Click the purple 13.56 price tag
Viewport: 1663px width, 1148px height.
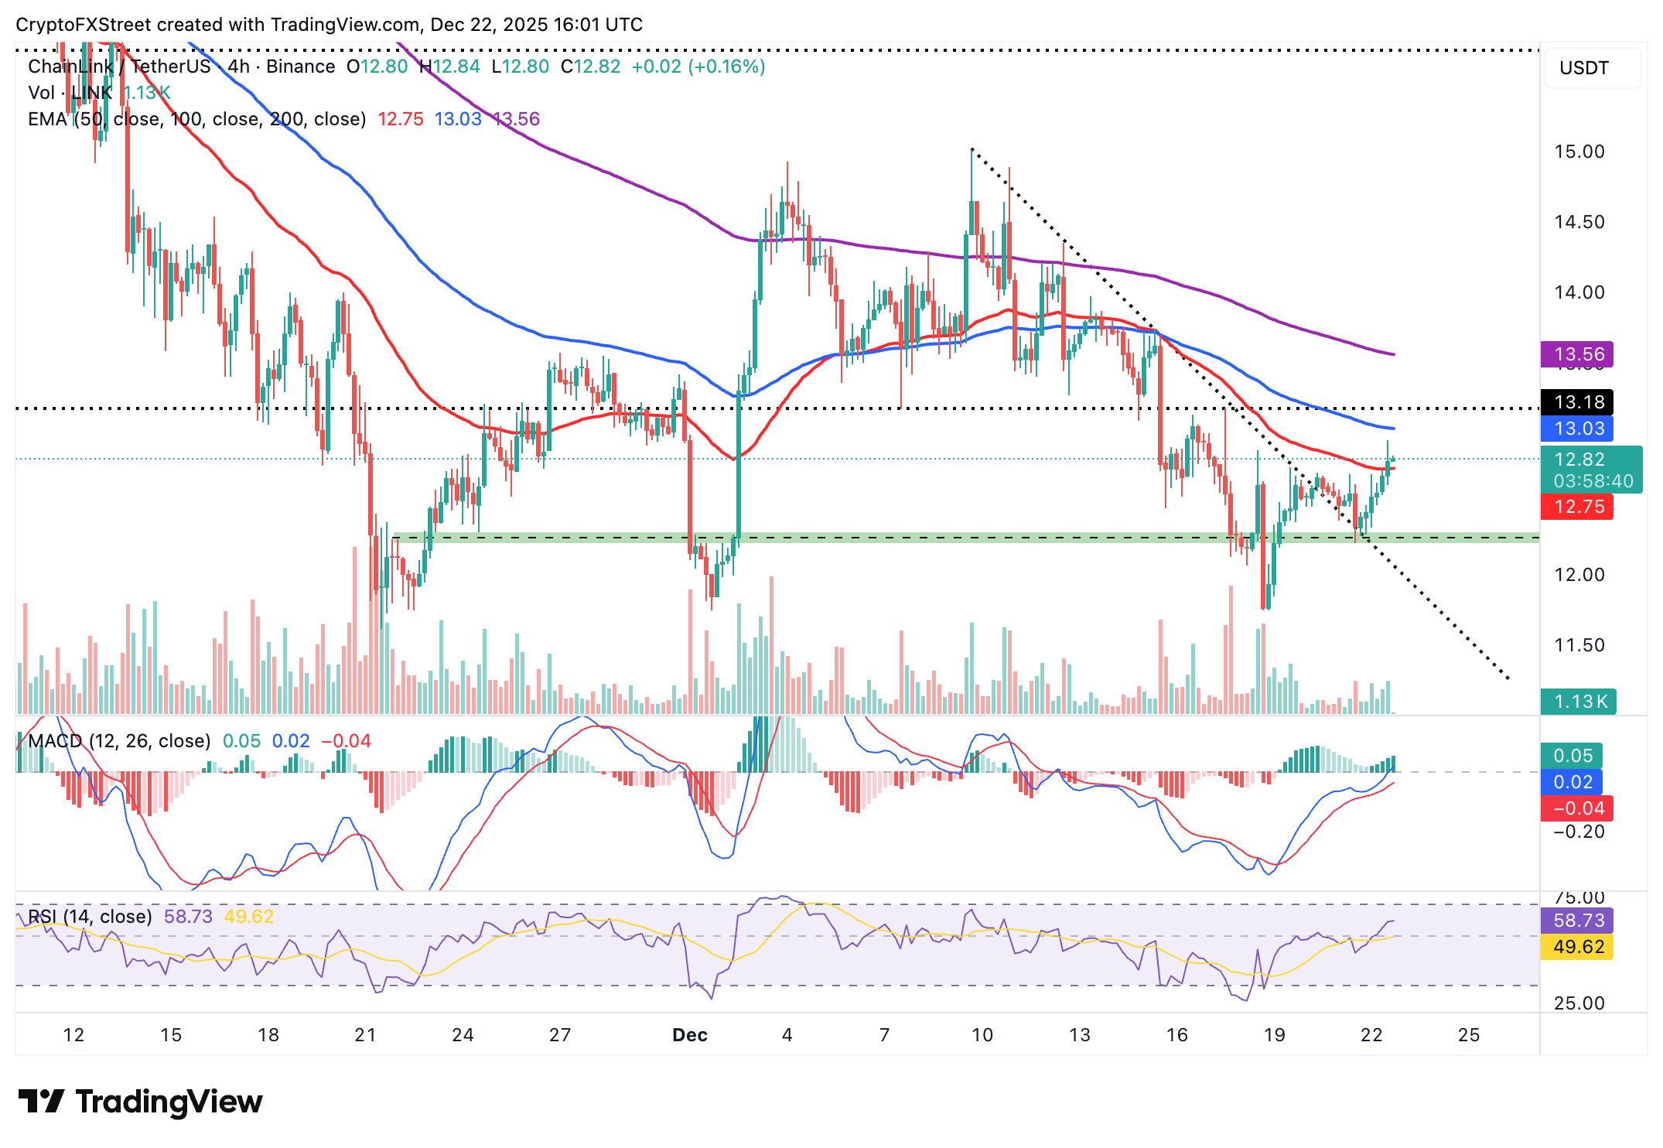point(1578,354)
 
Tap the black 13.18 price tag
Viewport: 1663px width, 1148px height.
point(1578,402)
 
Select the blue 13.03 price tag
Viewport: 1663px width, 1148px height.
point(1578,429)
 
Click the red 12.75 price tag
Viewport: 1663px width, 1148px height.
point(1578,507)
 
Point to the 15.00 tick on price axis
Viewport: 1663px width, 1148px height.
point(1579,152)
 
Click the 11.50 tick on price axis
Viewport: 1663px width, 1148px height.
point(1579,645)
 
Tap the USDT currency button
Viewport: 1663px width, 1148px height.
point(1584,68)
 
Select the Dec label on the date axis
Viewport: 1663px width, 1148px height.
point(690,1035)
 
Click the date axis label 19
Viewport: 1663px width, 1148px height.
point(1274,1035)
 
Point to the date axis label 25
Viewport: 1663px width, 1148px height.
point(1468,1035)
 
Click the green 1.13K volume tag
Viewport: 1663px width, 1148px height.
point(1578,702)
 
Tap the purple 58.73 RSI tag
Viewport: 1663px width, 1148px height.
point(1578,921)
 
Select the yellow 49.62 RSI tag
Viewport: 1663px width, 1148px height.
point(1578,947)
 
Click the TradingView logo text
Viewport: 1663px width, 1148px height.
point(169,1102)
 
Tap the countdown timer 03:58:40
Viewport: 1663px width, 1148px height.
point(1593,481)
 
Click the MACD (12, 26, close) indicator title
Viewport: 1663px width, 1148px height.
point(119,741)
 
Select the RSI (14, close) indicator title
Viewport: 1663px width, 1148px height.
point(90,917)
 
